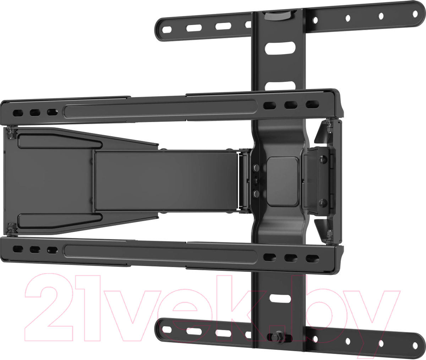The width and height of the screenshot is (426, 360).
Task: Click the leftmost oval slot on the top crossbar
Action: pyautogui.click(x=166, y=30)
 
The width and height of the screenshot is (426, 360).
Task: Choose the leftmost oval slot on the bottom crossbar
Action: pyautogui.click(x=166, y=329)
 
